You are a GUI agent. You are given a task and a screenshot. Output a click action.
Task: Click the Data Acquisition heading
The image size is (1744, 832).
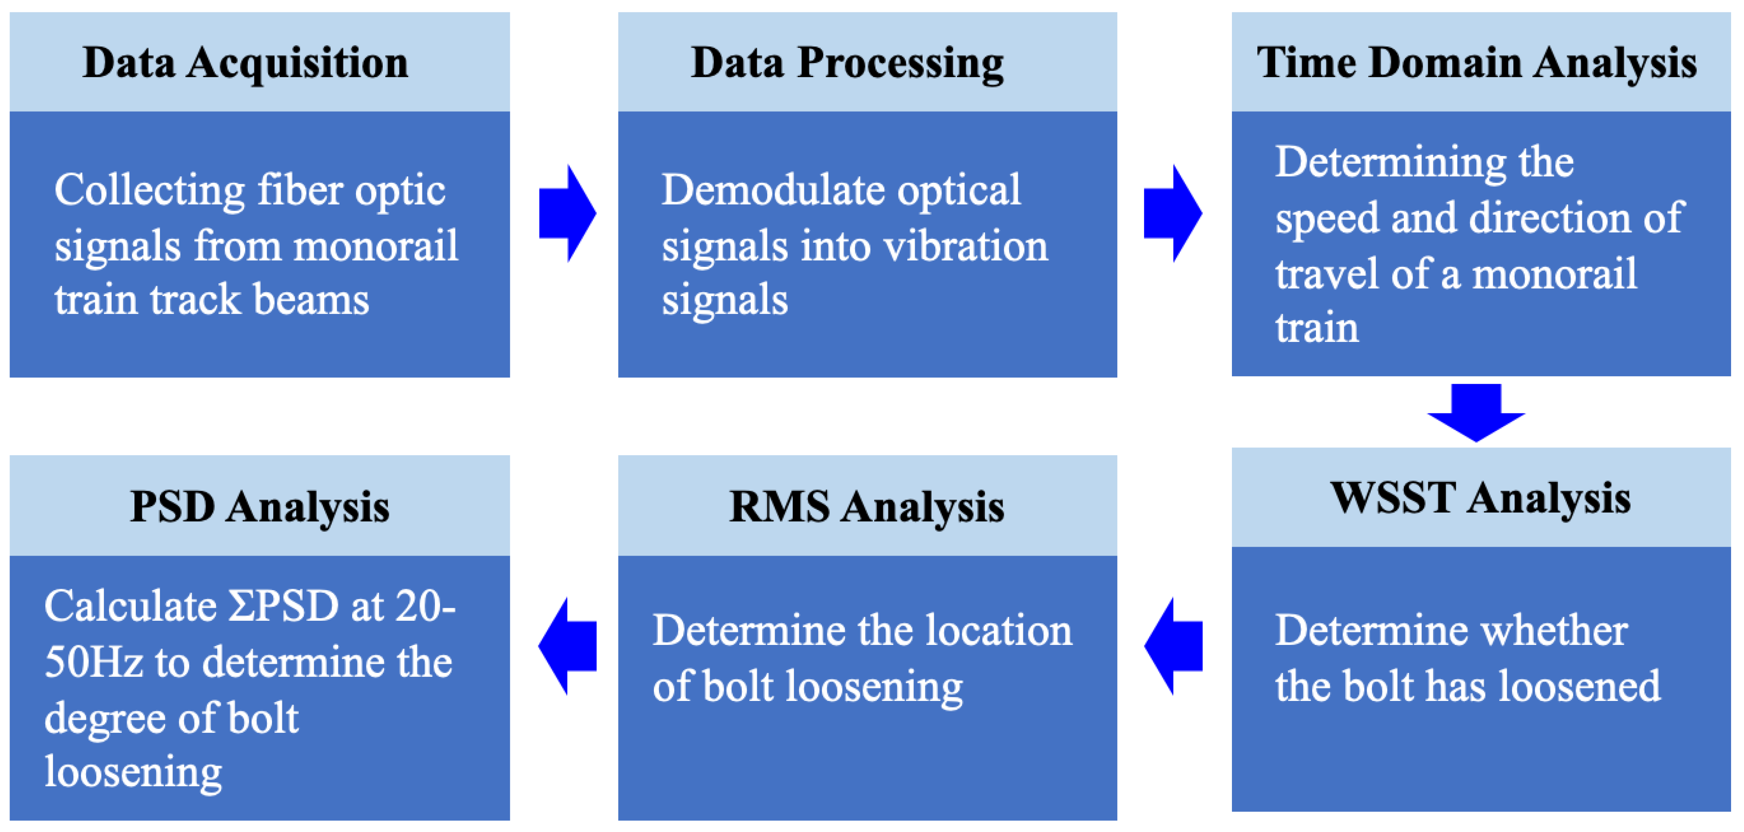pyautogui.click(x=245, y=63)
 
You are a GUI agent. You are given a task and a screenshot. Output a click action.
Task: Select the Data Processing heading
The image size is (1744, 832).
pyautogui.click(x=847, y=63)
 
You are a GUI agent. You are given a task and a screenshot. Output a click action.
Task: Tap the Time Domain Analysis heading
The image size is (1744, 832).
pyautogui.click(x=1477, y=63)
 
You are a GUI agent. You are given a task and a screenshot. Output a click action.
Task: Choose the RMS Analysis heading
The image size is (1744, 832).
pyautogui.click(x=866, y=507)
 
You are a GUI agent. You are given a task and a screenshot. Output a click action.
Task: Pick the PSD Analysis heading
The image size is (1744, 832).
pyautogui.click(x=259, y=507)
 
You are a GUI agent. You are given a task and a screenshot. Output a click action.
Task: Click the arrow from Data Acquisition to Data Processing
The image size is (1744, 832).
pyautogui.click(x=567, y=213)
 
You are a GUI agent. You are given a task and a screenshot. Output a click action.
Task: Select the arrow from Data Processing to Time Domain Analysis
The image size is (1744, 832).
pyautogui.click(x=1172, y=213)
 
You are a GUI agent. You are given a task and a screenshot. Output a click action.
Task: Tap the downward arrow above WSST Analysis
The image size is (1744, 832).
pyautogui.click(x=1476, y=412)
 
